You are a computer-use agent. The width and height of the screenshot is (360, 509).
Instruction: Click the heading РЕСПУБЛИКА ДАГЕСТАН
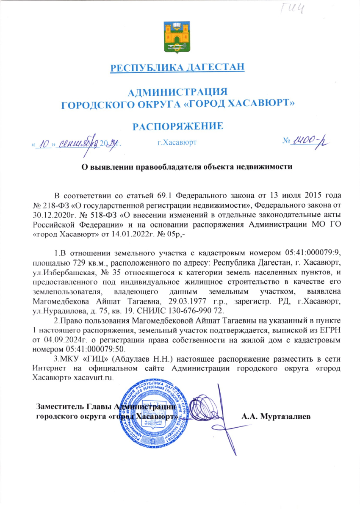pyautogui.click(x=177, y=68)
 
